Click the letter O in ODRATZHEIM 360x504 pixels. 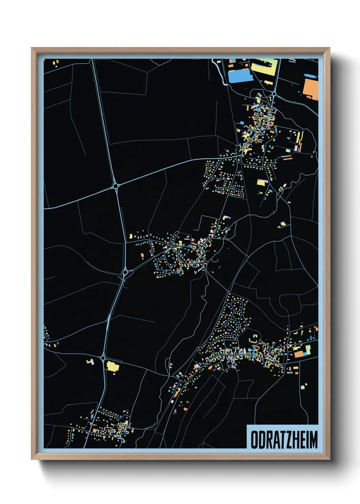click(255, 440)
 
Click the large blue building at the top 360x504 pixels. click(240, 76)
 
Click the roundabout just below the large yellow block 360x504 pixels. click(274, 93)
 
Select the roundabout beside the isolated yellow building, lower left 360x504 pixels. click(103, 358)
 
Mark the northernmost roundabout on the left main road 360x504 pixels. click(116, 186)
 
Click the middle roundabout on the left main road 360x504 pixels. click(125, 272)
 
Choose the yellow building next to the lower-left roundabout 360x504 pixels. click(113, 366)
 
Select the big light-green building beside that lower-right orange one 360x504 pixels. click(308, 349)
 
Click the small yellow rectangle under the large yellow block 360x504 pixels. click(268, 82)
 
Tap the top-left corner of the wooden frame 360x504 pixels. click(32, 48)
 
